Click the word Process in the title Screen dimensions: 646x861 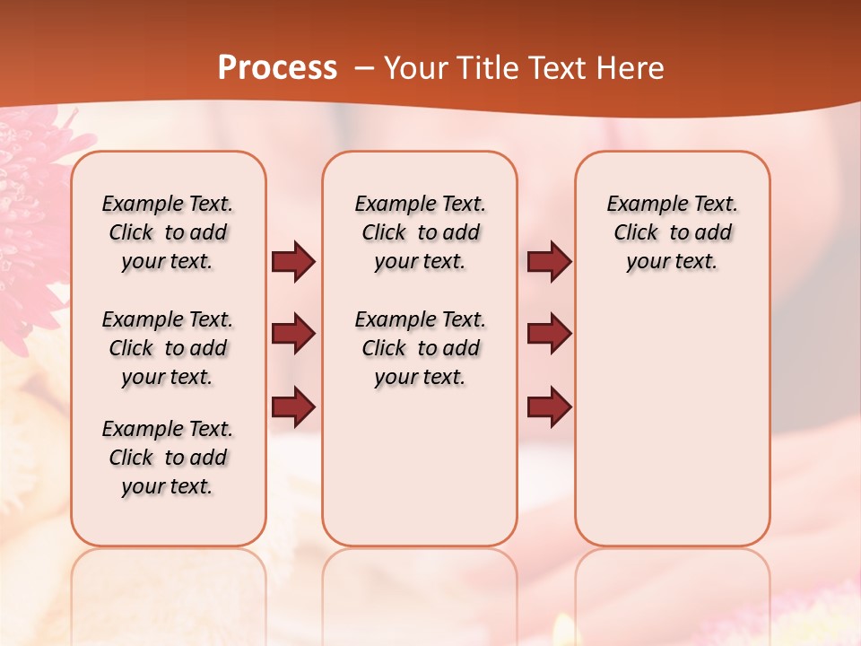coord(277,68)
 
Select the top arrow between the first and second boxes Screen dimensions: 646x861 coord(293,262)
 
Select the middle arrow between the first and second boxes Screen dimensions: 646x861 coord(293,334)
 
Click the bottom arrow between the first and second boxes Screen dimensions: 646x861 coord(293,407)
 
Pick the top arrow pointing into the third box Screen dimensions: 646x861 coord(549,262)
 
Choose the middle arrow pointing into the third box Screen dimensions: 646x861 coord(549,334)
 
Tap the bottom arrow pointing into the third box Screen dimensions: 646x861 coord(549,407)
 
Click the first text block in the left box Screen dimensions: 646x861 coord(168,232)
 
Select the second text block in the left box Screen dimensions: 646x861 coord(168,348)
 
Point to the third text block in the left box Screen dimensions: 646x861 coord(168,458)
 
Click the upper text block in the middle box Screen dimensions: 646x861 coord(420,232)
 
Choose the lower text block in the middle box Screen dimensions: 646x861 coord(420,348)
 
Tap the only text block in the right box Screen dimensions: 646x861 coord(672,232)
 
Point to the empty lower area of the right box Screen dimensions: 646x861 coord(672,422)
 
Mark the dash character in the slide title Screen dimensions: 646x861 coord(363,69)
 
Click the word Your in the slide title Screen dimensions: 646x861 coord(412,68)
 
